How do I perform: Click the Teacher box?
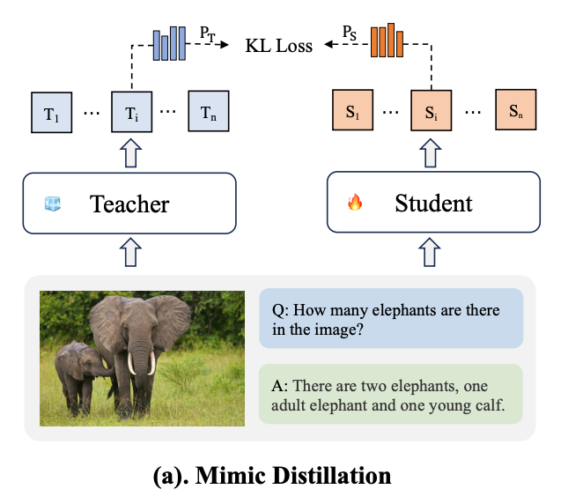tap(129, 204)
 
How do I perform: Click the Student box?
tap(433, 204)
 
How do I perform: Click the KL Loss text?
tap(278, 44)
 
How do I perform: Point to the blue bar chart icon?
tap(170, 41)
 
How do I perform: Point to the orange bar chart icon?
tap(387, 41)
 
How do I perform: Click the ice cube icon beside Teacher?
tap(53, 204)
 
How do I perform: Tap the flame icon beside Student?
tap(355, 204)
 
